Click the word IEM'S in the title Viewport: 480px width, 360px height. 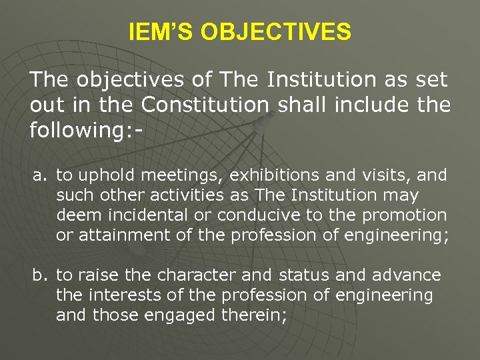[x=159, y=31]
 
